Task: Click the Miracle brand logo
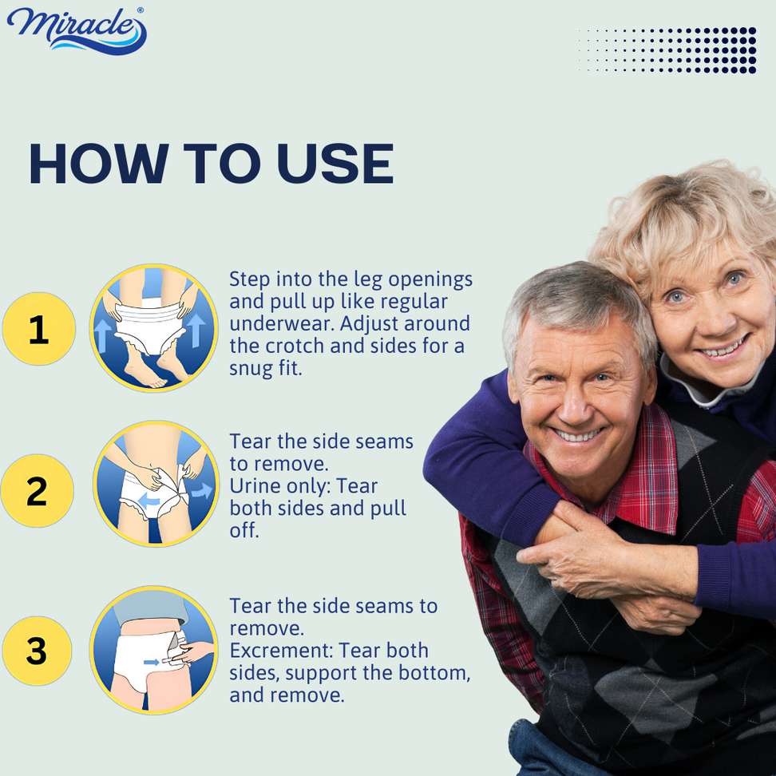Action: pos(77,30)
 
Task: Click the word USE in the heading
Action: pos(335,164)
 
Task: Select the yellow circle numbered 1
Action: pos(39,329)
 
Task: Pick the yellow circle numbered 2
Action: pos(37,490)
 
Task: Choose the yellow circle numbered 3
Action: pos(37,651)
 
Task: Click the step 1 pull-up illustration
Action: pos(154,327)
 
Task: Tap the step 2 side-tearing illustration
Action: pos(156,484)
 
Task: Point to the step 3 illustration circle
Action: pos(154,649)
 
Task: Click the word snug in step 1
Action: pos(251,369)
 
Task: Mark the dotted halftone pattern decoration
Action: pos(667,50)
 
